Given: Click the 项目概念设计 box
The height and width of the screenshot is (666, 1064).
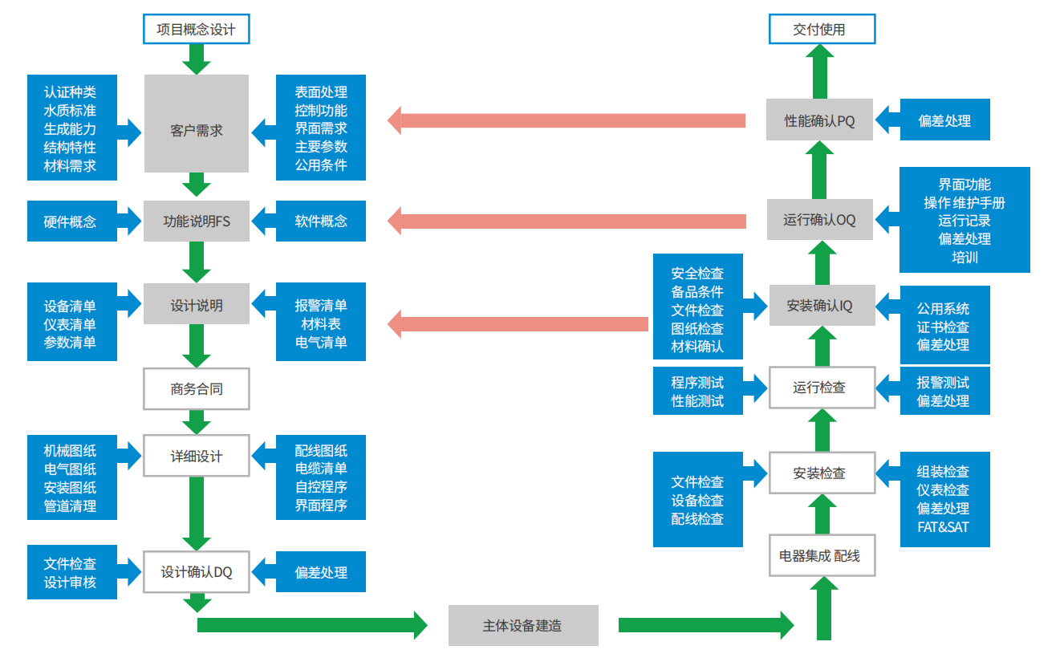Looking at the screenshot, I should coord(197,30).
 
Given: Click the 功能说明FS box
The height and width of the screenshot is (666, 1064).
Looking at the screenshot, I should coord(197,221).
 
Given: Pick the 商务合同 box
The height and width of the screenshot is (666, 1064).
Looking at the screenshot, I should coord(197,389).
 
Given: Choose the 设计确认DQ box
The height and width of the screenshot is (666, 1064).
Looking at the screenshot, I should coord(197,572).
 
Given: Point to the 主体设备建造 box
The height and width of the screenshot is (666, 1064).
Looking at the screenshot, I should coord(523,625).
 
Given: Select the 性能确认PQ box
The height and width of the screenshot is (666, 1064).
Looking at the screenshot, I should coord(820,121).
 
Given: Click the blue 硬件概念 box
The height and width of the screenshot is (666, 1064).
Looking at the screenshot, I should coord(71,221).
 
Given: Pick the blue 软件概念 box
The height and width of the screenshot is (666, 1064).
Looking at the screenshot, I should coord(321,221).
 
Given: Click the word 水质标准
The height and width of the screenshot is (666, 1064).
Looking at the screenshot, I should coord(71,111).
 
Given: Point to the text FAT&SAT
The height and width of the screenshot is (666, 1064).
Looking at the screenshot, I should coord(944,527).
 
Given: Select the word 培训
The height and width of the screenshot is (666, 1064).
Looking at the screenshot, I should coord(965,258).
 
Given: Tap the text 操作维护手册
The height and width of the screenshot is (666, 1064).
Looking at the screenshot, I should coord(965,202).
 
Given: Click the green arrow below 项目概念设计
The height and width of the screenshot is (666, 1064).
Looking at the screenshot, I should coord(197,59).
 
